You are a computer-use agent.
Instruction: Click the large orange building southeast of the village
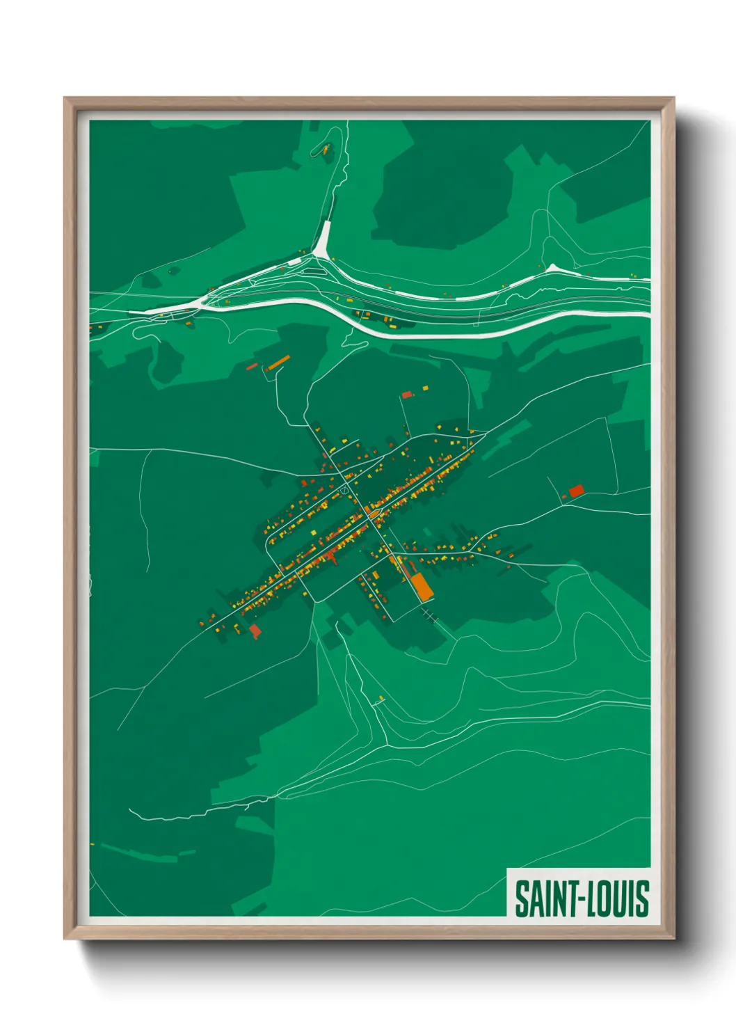point(422,587)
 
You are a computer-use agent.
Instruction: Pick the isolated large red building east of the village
point(576,491)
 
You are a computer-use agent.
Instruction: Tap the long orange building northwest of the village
point(278,363)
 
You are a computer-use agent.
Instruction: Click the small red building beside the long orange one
point(252,365)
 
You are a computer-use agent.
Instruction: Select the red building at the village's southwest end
point(255,631)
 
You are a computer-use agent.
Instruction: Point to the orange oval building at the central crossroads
point(374,514)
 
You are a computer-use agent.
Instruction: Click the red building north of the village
point(406,395)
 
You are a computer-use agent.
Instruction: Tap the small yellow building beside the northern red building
point(425,388)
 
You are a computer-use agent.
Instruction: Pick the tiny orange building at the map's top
point(325,148)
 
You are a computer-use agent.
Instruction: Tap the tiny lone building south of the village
point(381,697)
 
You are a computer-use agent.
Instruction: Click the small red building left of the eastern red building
point(564,496)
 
